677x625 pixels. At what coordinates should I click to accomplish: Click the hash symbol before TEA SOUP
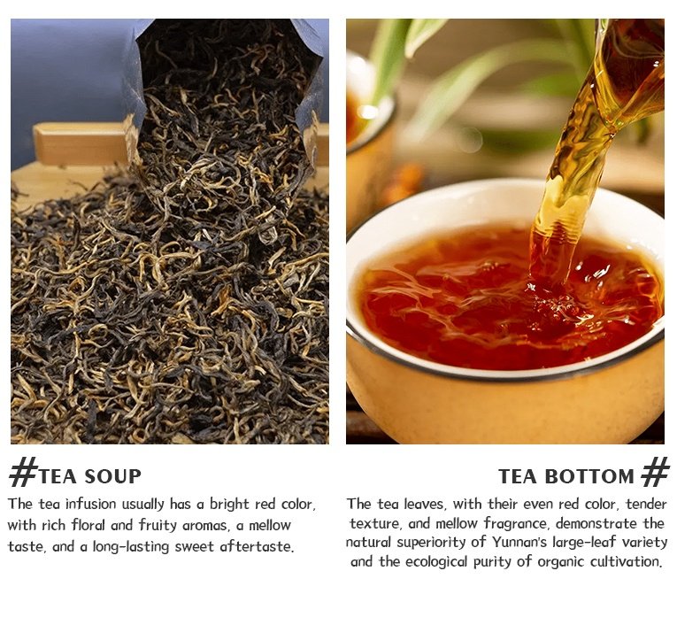(x=22, y=473)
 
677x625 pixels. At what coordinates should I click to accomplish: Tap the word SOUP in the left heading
(x=112, y=476)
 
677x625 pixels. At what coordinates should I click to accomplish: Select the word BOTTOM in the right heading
(x=589, y=476)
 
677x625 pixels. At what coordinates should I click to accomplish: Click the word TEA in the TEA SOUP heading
(x=58, y=476)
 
